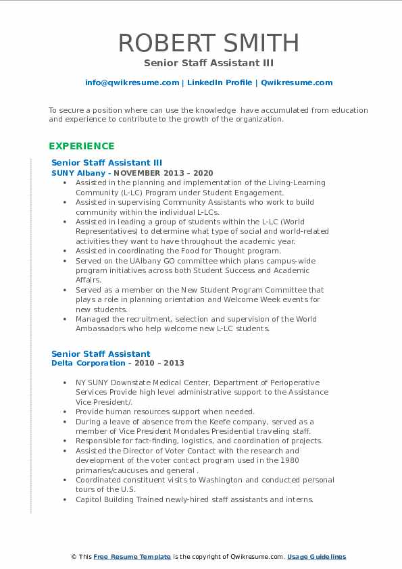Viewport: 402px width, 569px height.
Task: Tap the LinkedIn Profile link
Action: [x=219, y=82]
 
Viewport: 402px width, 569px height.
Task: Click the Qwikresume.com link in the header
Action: [x=297, y=82]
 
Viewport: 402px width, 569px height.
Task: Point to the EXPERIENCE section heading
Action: [x=82, y=146]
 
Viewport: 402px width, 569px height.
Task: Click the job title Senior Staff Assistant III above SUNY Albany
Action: [x=107, y=163]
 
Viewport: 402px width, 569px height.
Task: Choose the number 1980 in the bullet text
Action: [x=288, y=460]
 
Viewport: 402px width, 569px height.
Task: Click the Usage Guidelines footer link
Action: [x=316, y=557]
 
